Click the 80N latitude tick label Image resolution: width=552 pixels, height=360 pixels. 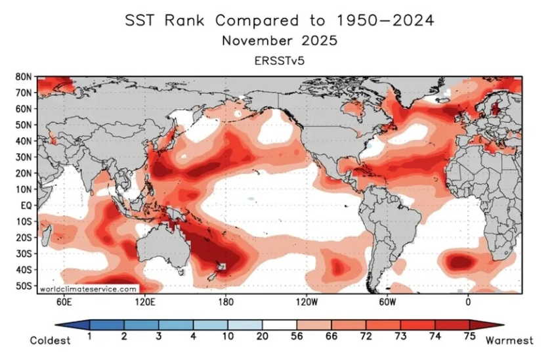click(24, 76)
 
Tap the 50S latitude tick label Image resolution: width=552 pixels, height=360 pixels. click(24, 285)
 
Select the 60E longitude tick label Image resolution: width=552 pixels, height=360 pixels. click(63, 302)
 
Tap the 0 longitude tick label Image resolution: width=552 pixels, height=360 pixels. click(468, 302)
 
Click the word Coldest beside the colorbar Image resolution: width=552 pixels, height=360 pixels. click(50, 340)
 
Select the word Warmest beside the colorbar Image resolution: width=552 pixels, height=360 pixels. click(509, 340)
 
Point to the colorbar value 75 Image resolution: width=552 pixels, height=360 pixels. click(470, 336)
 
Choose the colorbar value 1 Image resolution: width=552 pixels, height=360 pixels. click(89, 336)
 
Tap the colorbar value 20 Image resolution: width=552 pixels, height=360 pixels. click(263, 336)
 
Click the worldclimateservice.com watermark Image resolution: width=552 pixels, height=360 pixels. click(88, 288)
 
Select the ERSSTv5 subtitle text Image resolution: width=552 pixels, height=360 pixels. click(279, 60)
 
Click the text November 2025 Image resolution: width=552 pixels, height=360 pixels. click(279, 41)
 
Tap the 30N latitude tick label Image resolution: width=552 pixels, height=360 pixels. click(24, 157)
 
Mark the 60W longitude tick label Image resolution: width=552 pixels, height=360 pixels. click(387, 302)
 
